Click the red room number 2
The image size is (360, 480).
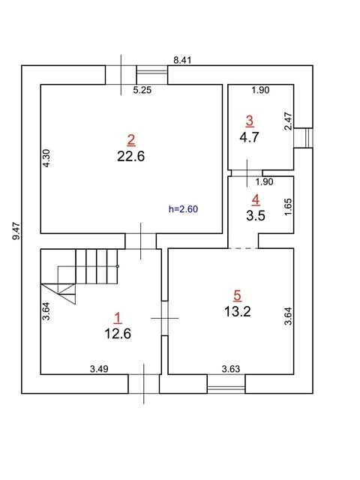pyautogui.click(x=131, y=140)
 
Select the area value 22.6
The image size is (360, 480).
pyautogui.click(x=131, y=157)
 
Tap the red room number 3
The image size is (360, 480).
pyautogui.click(x=250, y=121)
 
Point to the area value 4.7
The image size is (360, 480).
pyautogui.click(x=250, y=137)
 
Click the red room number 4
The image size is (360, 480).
pyautogui.click(x=256, y=199)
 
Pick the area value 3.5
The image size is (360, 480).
pyautogui.click(x=256, y=215)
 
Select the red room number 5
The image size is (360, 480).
pyautogui.click(x=237, y=295)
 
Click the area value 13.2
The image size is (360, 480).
pyautogui.click(x=238, y=312)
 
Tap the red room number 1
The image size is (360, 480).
pyautogui.click(x=118, y=318)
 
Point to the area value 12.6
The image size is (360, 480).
pyautogui.click(x=118, y=334)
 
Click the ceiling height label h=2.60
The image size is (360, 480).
pyautogui.click(x=183, y=209)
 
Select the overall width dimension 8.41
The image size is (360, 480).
pyautogui.click(x=182, y=60)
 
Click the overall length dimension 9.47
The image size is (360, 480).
pyautogui.click(x=16, y=231)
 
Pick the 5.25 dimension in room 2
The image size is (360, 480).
pyautogui.click(x=142, y=90)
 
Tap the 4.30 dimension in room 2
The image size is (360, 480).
pyautogui.click(x=46, y=158)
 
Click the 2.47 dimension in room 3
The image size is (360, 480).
pyautogui.click(x=289, y=121)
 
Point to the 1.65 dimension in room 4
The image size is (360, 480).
pyautogui.click(x=288, y=207)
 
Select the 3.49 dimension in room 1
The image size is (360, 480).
pyautogui.click(x=99, y=369)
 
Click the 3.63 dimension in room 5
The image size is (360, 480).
pyautogui.click(x=231, y=369)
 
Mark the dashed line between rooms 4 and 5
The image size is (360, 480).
pyautogui.click(x=243, y=248)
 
